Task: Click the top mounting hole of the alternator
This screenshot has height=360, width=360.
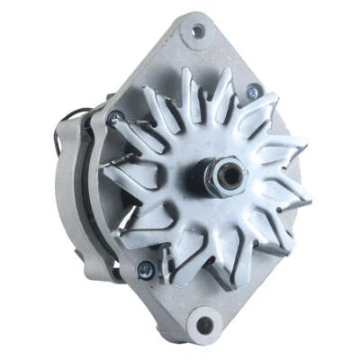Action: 197,32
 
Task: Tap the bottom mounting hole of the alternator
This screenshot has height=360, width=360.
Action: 205,323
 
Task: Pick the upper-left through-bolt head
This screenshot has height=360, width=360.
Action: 114,117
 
